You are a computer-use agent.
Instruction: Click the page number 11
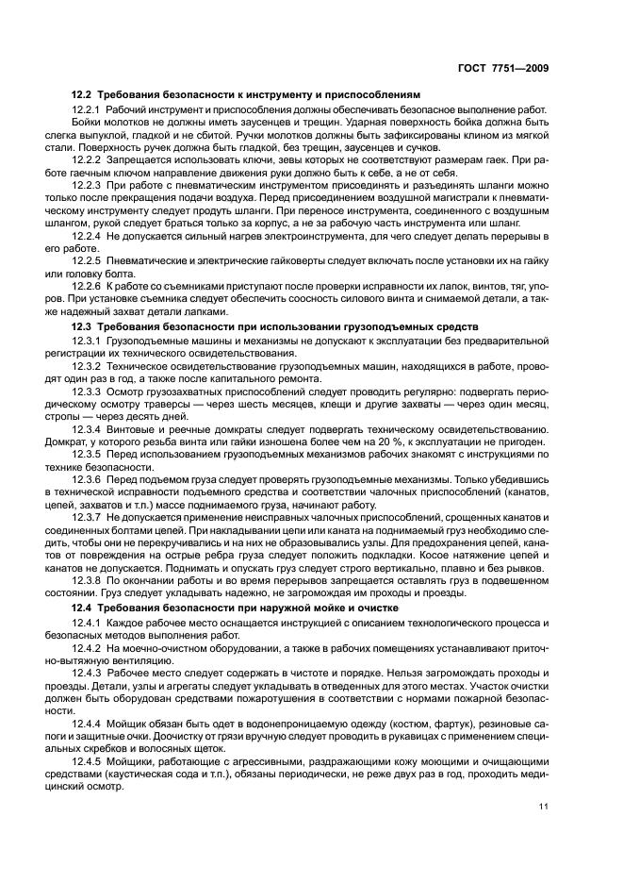click(544, 807)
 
